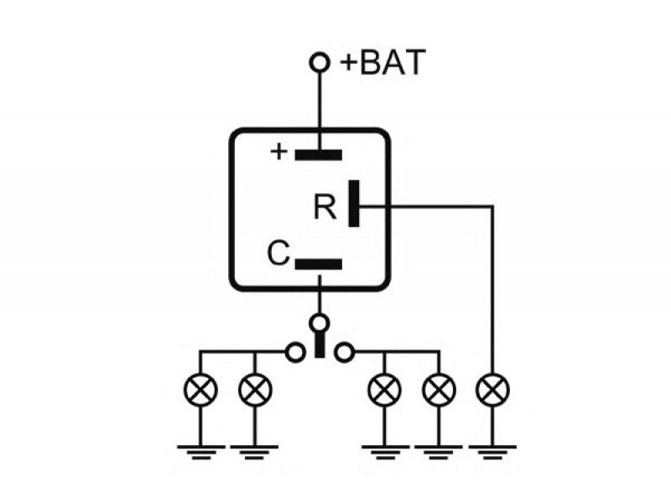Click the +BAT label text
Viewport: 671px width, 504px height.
click(x=382, y=62)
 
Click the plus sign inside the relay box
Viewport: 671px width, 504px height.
click(x=279, y=152)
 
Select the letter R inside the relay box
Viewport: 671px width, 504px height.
click(x=325, y=207)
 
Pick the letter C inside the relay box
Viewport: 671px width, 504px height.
click(x=278, y=253)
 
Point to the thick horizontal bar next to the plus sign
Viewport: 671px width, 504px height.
click(x=319, y=155)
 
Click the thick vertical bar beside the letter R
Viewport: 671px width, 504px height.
click(x=354, y=203)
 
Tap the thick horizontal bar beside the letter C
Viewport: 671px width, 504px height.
click(x=319, y=264)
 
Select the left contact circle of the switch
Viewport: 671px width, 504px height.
click(x=295, y=353)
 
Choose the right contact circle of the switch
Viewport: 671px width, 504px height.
click(x=344, y=353)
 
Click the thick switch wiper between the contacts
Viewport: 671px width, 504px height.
click(x=320, y=345)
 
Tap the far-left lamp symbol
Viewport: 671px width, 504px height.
click(x=200, y=390)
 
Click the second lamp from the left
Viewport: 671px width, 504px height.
click(x=255, y=390)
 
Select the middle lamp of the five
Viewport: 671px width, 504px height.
click(x=384, y=390)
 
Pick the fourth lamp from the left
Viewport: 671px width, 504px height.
click(x=439, y=390)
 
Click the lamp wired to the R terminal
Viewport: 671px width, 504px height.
click(x=492, y=390)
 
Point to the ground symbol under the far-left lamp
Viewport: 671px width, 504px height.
click(x=200, y=453)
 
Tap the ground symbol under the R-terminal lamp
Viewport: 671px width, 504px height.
click(x=492, y=453)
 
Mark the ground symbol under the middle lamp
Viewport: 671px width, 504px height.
click(x=385, y=453)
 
